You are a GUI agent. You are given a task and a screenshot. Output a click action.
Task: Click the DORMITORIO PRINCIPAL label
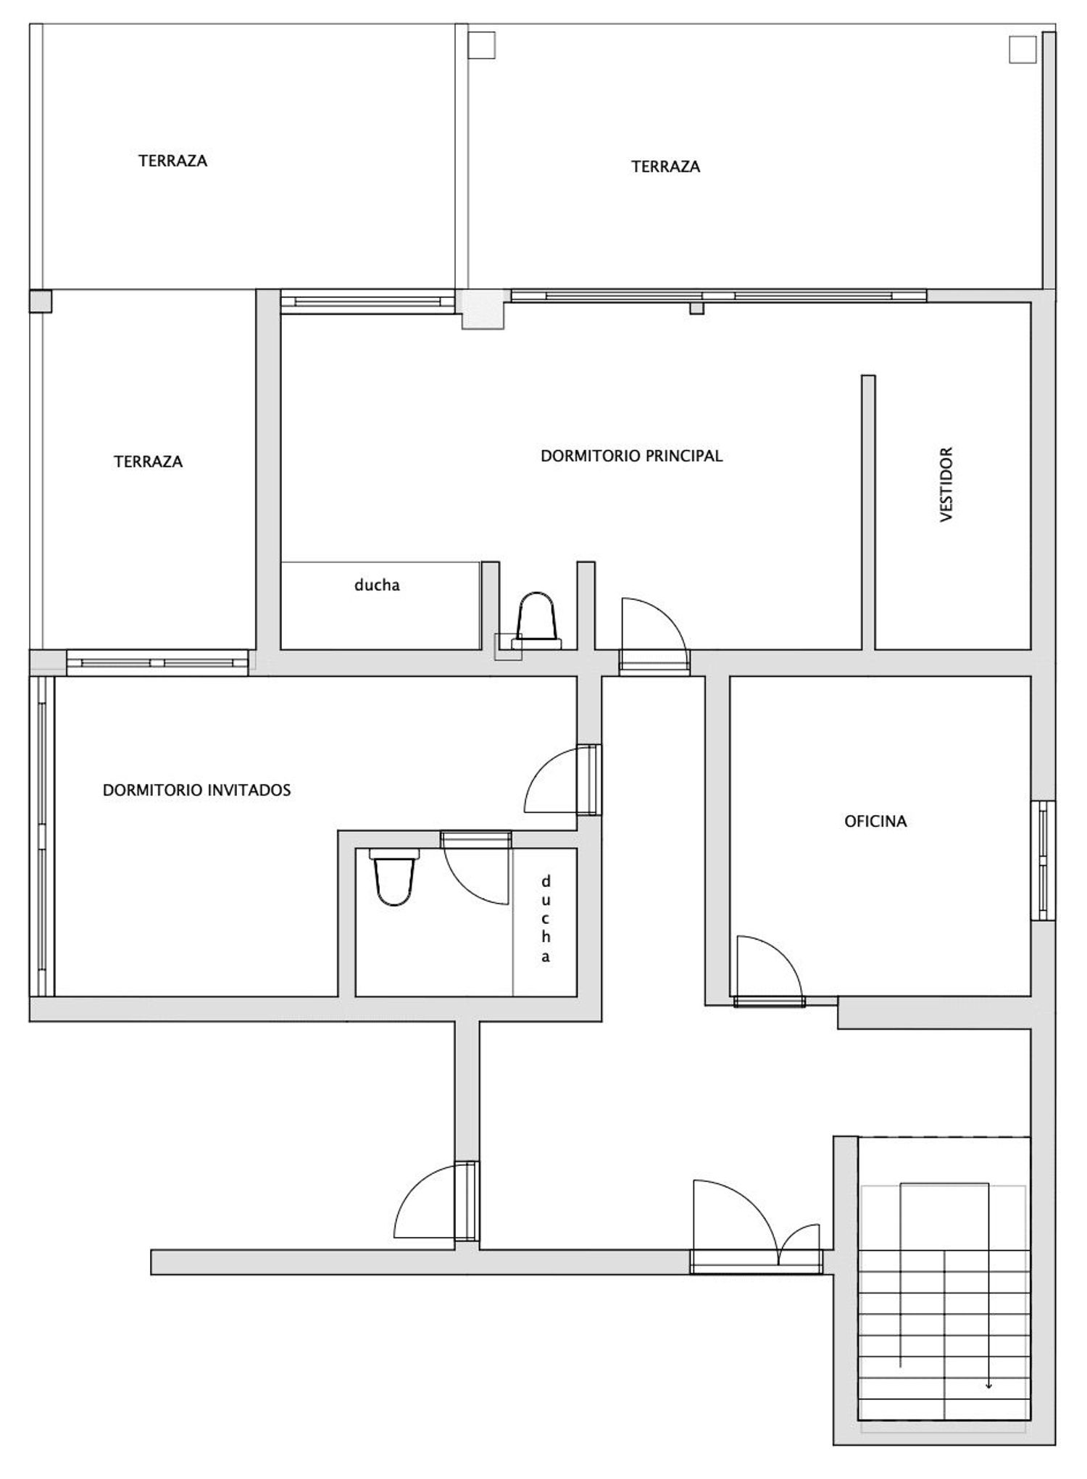[631, 456]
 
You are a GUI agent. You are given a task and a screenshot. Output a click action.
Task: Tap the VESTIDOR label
[946, 485]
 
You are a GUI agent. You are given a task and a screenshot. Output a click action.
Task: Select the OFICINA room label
[875, 821]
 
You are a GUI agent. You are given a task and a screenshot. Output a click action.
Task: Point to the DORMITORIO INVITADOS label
[196, 790]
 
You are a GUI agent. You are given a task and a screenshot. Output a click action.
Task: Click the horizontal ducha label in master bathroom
[377, 585]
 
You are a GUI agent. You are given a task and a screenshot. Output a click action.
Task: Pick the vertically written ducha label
[546, 918]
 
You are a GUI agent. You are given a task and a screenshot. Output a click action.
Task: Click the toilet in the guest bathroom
[394, 878]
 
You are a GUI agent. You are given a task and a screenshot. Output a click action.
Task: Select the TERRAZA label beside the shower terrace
[148, 462]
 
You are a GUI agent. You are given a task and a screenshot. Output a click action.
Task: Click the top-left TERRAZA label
[172, 160]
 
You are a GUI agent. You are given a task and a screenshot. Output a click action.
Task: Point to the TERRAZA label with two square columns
[665, 167]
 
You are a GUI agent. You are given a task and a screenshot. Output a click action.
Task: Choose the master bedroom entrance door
[654, 635]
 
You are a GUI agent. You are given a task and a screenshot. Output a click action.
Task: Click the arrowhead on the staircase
[988, 1386]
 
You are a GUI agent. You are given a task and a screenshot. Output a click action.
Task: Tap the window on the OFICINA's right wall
[1044, 861]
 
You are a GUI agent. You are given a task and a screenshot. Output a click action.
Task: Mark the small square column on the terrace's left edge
[41, 301]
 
